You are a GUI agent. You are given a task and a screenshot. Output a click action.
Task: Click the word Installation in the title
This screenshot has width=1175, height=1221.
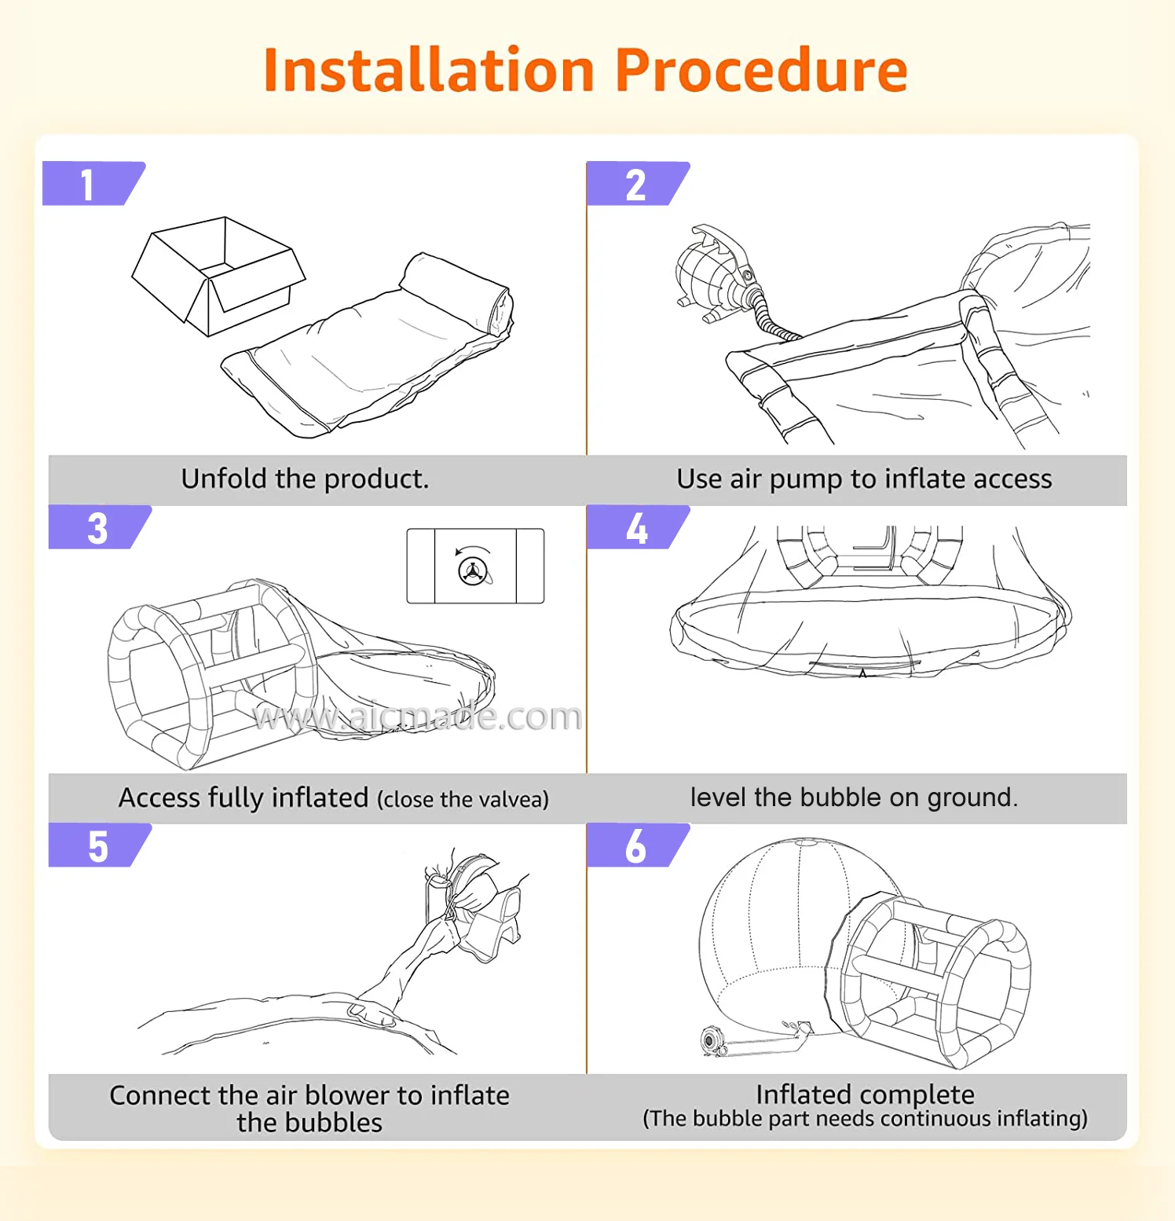428,71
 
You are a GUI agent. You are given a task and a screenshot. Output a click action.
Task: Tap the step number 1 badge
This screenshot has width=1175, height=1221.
91,184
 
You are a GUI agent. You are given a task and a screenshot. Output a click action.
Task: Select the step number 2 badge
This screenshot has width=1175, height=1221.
635,184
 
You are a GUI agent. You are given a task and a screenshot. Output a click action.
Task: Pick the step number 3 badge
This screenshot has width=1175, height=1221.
97,527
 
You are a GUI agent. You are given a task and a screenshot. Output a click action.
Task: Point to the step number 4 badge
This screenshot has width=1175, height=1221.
636,527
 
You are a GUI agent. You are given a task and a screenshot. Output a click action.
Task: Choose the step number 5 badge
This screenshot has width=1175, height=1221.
97,845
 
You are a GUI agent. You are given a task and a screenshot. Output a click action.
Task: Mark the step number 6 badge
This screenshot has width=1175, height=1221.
635,845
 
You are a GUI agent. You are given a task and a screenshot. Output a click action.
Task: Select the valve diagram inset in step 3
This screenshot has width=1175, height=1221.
475,566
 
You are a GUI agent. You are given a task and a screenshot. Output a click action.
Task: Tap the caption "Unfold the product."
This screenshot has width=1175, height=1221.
305,478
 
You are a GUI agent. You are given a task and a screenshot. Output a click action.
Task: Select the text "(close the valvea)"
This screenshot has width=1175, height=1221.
463,799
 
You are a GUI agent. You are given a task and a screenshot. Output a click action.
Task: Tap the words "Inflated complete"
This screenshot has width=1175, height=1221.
865,1094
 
